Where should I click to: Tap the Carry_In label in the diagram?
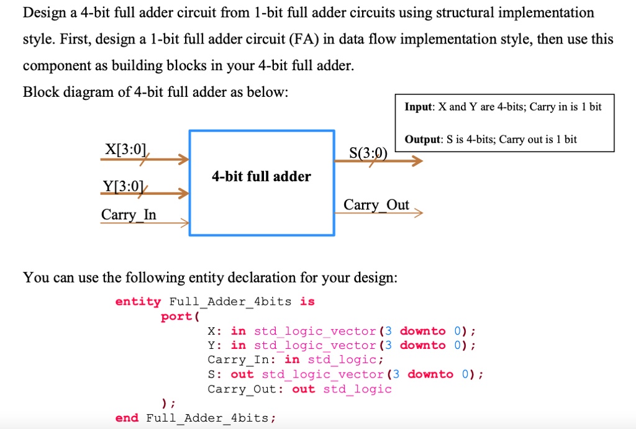click(x=129, y=215)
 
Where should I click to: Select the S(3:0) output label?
click(x=368, y=152)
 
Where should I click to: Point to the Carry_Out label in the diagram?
click(x=376, y=205)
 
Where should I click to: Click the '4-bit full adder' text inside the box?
click(x=261, y=176)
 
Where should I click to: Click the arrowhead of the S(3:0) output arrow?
click(x=417, y=161)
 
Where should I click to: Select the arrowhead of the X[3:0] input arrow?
click(x=183, y=160)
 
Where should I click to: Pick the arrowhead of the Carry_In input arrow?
click(x=184, y=223)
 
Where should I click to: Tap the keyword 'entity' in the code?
click(x=138, y=302)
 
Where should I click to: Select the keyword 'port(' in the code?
click(x=179, y=317)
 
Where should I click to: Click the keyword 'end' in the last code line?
click(x=127, y=418)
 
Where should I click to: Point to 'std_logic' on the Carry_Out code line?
click(x=357, y=389)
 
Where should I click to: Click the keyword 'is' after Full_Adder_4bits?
click(x=307, y=302)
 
